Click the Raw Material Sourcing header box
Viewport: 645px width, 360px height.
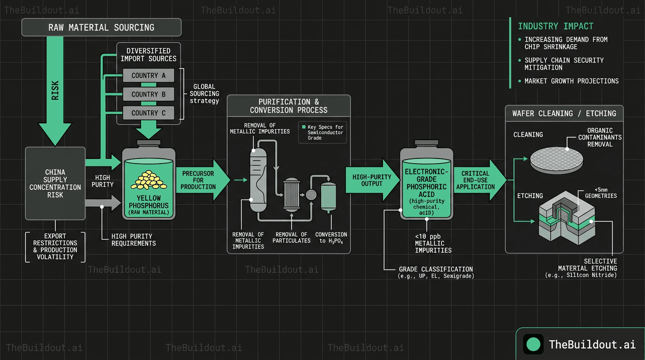pos(101,27)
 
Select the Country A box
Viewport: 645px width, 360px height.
pos(148,75)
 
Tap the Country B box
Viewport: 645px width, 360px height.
pos(148,94)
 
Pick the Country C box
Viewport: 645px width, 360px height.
pos(148,113)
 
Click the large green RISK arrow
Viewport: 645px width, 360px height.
pos(55,94)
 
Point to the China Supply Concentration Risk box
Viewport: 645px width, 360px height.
pos(55,183)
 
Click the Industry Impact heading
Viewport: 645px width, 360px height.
pos(555,26)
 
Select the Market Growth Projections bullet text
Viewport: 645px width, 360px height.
pos(571,81)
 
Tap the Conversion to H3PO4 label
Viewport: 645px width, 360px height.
pos(331,237)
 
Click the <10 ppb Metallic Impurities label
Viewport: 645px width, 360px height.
pos(427,243)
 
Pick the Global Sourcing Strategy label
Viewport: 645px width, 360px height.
pos(204,94)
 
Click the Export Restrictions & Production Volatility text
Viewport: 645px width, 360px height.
pos(55,247)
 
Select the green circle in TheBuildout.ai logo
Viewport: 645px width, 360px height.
pos(533,345)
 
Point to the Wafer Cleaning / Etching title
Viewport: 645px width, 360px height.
pos(564,113)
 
